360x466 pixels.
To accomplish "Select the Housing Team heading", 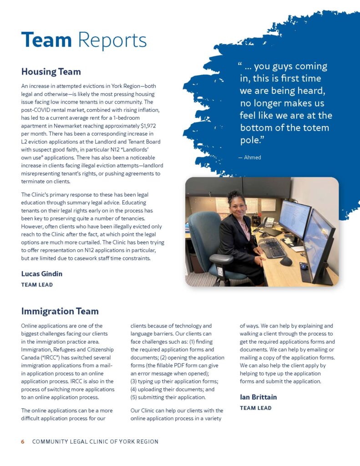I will pos(51,71).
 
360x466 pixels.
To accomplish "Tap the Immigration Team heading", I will pos(60,311).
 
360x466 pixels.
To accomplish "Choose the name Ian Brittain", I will pos(258,397).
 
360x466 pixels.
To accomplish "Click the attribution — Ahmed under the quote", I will pos(250,157).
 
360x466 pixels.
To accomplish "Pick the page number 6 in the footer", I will pos(23,442).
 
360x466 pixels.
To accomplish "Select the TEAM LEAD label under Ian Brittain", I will pos(256,408).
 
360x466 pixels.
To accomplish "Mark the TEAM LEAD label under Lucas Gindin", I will pos(37,285).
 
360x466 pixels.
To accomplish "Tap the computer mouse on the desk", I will pos(286,261).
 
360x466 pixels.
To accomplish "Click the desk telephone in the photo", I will pos(269,222).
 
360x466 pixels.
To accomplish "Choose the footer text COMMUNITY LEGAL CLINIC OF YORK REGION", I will pos(95,442).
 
